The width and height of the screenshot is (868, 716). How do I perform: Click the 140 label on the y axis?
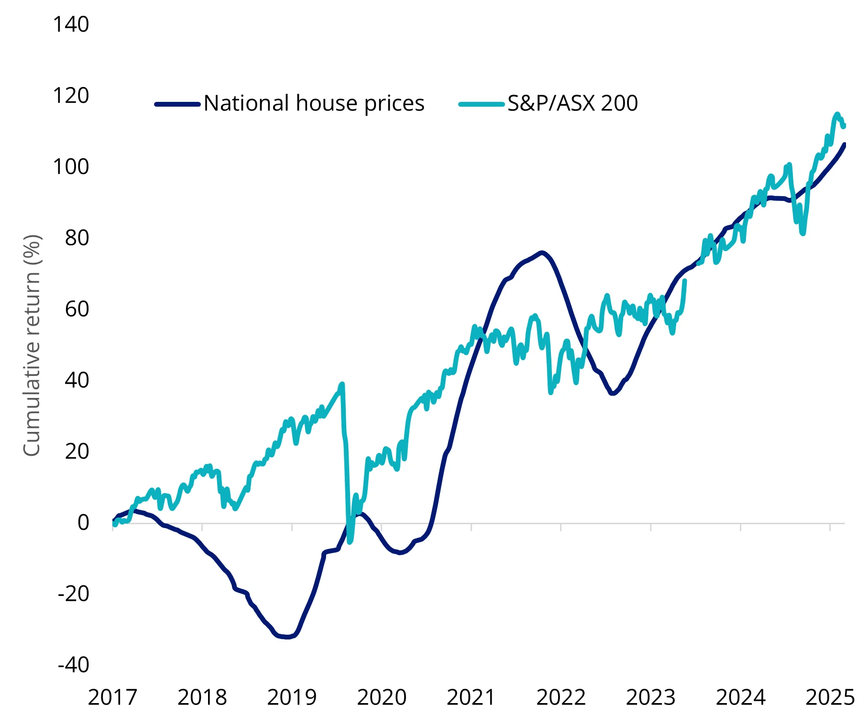pos(71,25)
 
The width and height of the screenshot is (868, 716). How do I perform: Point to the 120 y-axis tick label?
pos(71,96)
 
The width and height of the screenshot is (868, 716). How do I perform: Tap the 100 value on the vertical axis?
pos(71,167)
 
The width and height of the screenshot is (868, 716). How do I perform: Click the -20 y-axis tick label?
pos(74,594)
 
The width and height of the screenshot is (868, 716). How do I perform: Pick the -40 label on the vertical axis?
pos(74,665)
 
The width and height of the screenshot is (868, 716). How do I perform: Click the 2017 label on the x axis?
pos(112,698)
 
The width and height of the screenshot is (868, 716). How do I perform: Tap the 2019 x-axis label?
pos(292,698)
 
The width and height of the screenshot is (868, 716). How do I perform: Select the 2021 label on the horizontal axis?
pos(471,698)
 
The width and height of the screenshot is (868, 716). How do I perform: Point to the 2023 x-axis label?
pos(650,698)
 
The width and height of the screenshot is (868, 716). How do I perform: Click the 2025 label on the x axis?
pos(830,698)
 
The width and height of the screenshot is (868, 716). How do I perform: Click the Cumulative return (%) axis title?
pos(32,345)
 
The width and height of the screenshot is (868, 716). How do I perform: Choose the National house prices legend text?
pos(314,103)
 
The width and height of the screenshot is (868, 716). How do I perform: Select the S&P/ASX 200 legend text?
pos(572,103)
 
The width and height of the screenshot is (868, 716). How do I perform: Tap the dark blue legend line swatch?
pos(177,104)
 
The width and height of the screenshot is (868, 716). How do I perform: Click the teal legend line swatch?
pos(481,104)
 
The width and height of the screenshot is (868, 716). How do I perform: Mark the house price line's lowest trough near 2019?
pos(286,637)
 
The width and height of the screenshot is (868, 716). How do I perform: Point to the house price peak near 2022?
pos(541,252)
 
